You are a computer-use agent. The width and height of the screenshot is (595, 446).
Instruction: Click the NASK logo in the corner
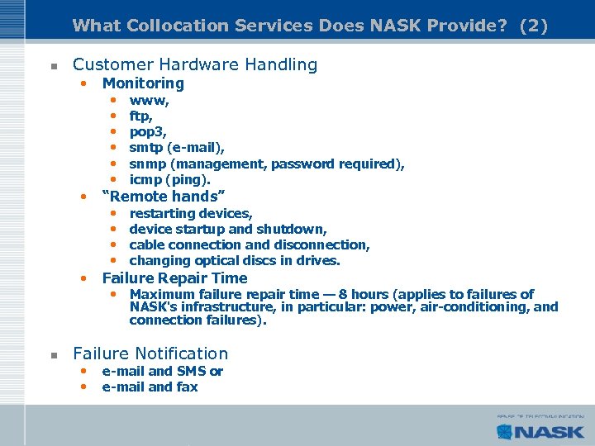point(540,430)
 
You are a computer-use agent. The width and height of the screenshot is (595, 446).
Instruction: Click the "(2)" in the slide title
point(533,26)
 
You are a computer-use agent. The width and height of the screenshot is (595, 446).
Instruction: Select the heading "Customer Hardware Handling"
point(195,64)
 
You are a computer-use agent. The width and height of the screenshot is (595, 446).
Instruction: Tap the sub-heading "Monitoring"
point(143,83)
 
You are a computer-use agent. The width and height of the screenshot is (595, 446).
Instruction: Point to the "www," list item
point(150,101)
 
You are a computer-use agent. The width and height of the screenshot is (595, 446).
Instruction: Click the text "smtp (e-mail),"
point(173,148)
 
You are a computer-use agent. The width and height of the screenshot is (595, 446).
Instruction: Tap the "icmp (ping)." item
point(170,179)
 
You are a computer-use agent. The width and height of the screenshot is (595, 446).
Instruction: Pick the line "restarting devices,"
point(191,213)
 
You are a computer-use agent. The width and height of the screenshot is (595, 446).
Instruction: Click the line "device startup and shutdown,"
point(228,229)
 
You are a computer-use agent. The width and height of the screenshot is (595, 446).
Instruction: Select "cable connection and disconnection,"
point(250,244)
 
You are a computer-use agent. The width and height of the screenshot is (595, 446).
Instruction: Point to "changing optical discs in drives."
point(235,260)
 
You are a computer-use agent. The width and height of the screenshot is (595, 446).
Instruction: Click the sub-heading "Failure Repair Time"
point(174,278)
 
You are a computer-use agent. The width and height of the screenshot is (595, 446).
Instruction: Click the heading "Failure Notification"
point(150,353)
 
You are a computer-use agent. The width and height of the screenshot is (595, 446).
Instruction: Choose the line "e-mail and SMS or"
point(163,371)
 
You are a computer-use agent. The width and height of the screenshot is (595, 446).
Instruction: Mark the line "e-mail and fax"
point(150,387)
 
